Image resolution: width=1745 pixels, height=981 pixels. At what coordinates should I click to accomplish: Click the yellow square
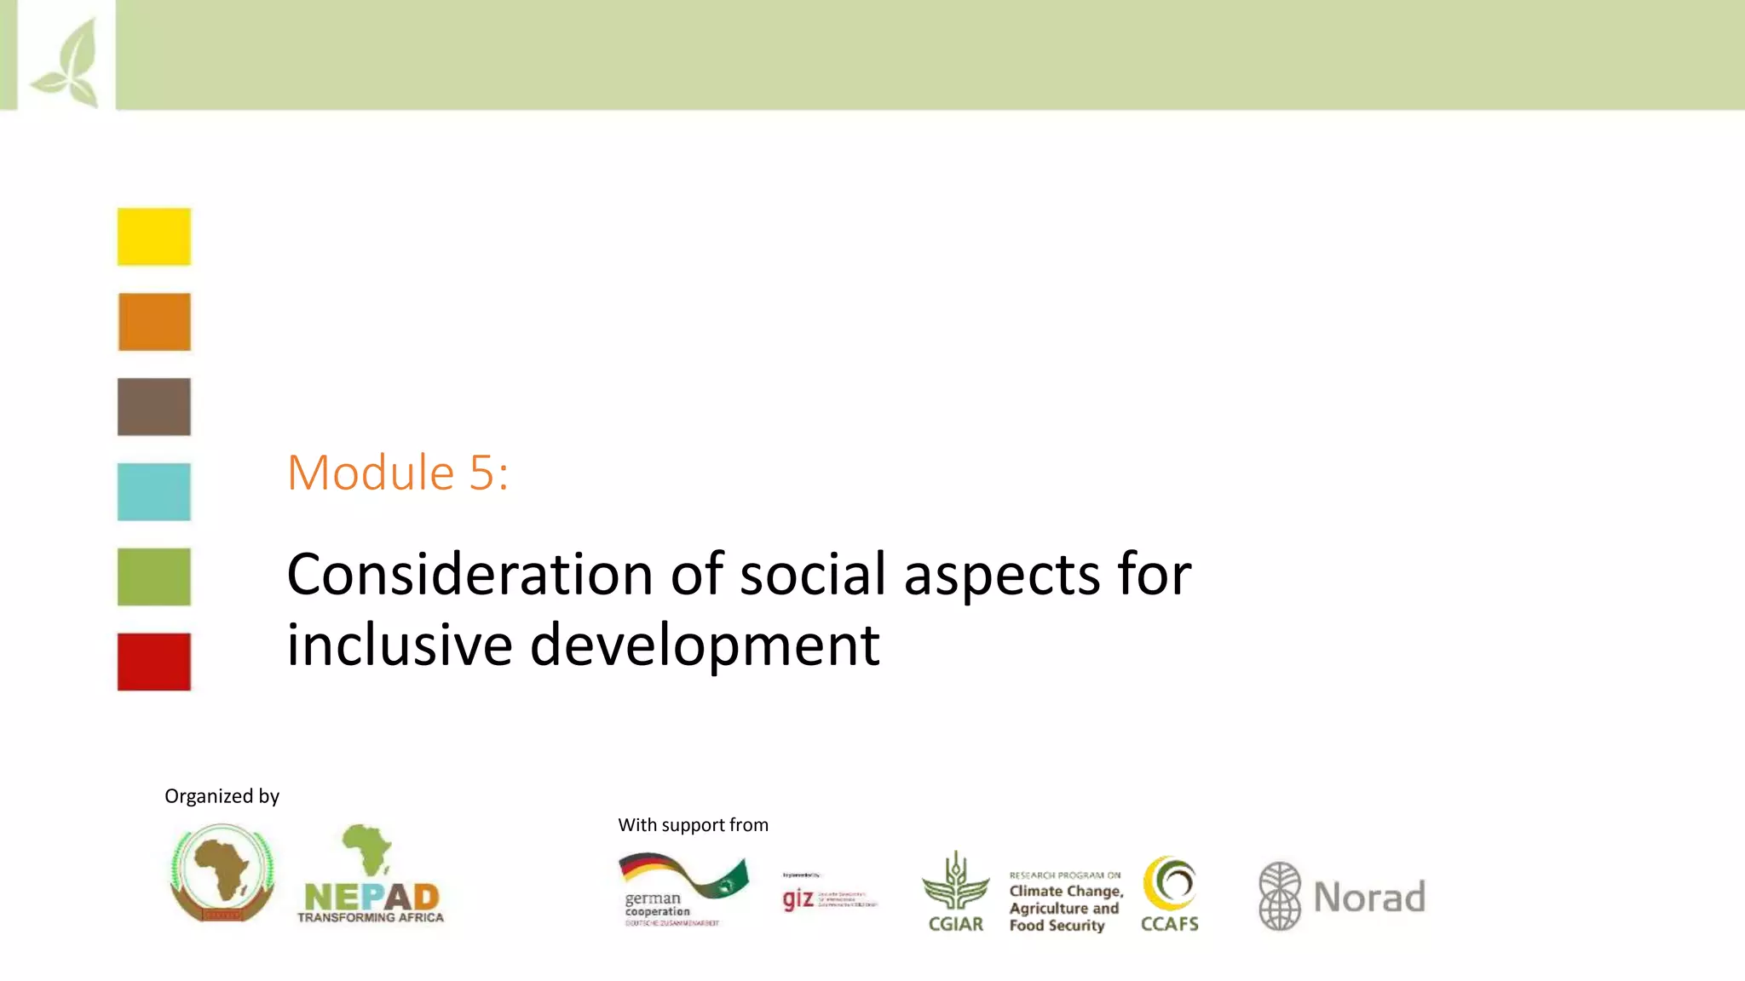[154, 237]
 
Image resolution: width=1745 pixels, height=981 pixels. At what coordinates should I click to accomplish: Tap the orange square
[154, 322]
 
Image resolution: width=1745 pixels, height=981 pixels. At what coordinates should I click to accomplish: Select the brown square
[154, 407]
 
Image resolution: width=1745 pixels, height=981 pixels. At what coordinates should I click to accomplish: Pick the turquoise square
[154, 491]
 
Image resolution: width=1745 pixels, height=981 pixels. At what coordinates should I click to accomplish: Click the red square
[154, 662]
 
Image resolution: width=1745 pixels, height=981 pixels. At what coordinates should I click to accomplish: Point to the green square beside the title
[154, 577]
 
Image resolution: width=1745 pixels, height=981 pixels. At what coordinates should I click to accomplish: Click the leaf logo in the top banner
[66, 64]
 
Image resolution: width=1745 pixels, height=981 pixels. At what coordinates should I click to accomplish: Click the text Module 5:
[398, 473]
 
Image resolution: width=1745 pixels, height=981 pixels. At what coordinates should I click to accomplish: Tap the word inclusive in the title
[399, 645]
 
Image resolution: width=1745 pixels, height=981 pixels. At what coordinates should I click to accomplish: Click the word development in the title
[705, 646]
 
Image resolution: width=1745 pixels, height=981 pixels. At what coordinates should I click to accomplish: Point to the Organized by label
[222, 796]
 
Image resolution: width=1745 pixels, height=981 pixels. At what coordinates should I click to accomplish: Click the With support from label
[693, 825]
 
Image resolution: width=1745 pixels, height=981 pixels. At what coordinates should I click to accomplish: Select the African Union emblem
[222, 874]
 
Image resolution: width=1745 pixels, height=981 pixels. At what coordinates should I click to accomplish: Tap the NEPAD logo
[371, 877]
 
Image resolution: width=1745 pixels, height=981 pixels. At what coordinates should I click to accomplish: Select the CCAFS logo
[1169, 894]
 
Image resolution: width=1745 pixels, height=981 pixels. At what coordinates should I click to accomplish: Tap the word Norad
[1369, 898]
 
